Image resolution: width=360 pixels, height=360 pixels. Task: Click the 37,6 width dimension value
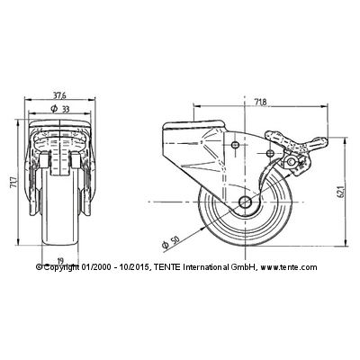coord(59,95)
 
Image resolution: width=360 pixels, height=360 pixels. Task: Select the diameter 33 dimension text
coord(60,109)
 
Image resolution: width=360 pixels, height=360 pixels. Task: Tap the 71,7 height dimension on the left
coord(13,183)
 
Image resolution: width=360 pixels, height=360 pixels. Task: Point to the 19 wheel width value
coord(60,260)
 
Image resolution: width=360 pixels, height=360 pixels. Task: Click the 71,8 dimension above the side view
coord(260,103)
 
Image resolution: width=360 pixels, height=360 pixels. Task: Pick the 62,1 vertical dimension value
coord(340,191)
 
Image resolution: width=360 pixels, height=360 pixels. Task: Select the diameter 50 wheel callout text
coord(170,242)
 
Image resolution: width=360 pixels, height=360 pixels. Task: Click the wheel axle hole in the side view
coord(245,202)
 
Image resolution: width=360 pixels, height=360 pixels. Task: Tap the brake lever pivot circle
coord(291,162)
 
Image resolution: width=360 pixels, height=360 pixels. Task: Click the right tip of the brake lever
coord(328,139)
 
